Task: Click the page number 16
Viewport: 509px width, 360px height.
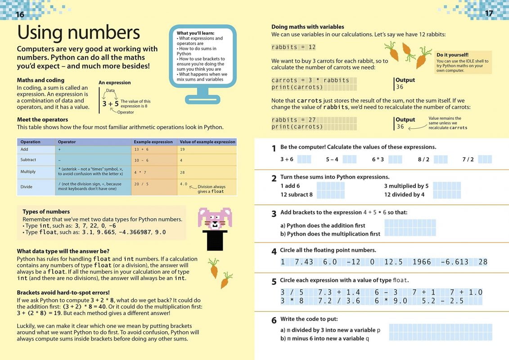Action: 20,14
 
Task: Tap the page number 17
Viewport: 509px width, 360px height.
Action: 489,13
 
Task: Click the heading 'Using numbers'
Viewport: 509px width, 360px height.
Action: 78,33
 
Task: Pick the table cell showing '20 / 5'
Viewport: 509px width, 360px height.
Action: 142,184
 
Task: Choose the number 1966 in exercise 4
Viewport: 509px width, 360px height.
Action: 421,262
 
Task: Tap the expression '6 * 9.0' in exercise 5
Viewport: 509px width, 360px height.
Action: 391,301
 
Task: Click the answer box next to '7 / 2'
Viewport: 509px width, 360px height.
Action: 485,159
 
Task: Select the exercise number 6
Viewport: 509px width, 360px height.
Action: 274,321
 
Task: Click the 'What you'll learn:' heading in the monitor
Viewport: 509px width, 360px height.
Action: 195,33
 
